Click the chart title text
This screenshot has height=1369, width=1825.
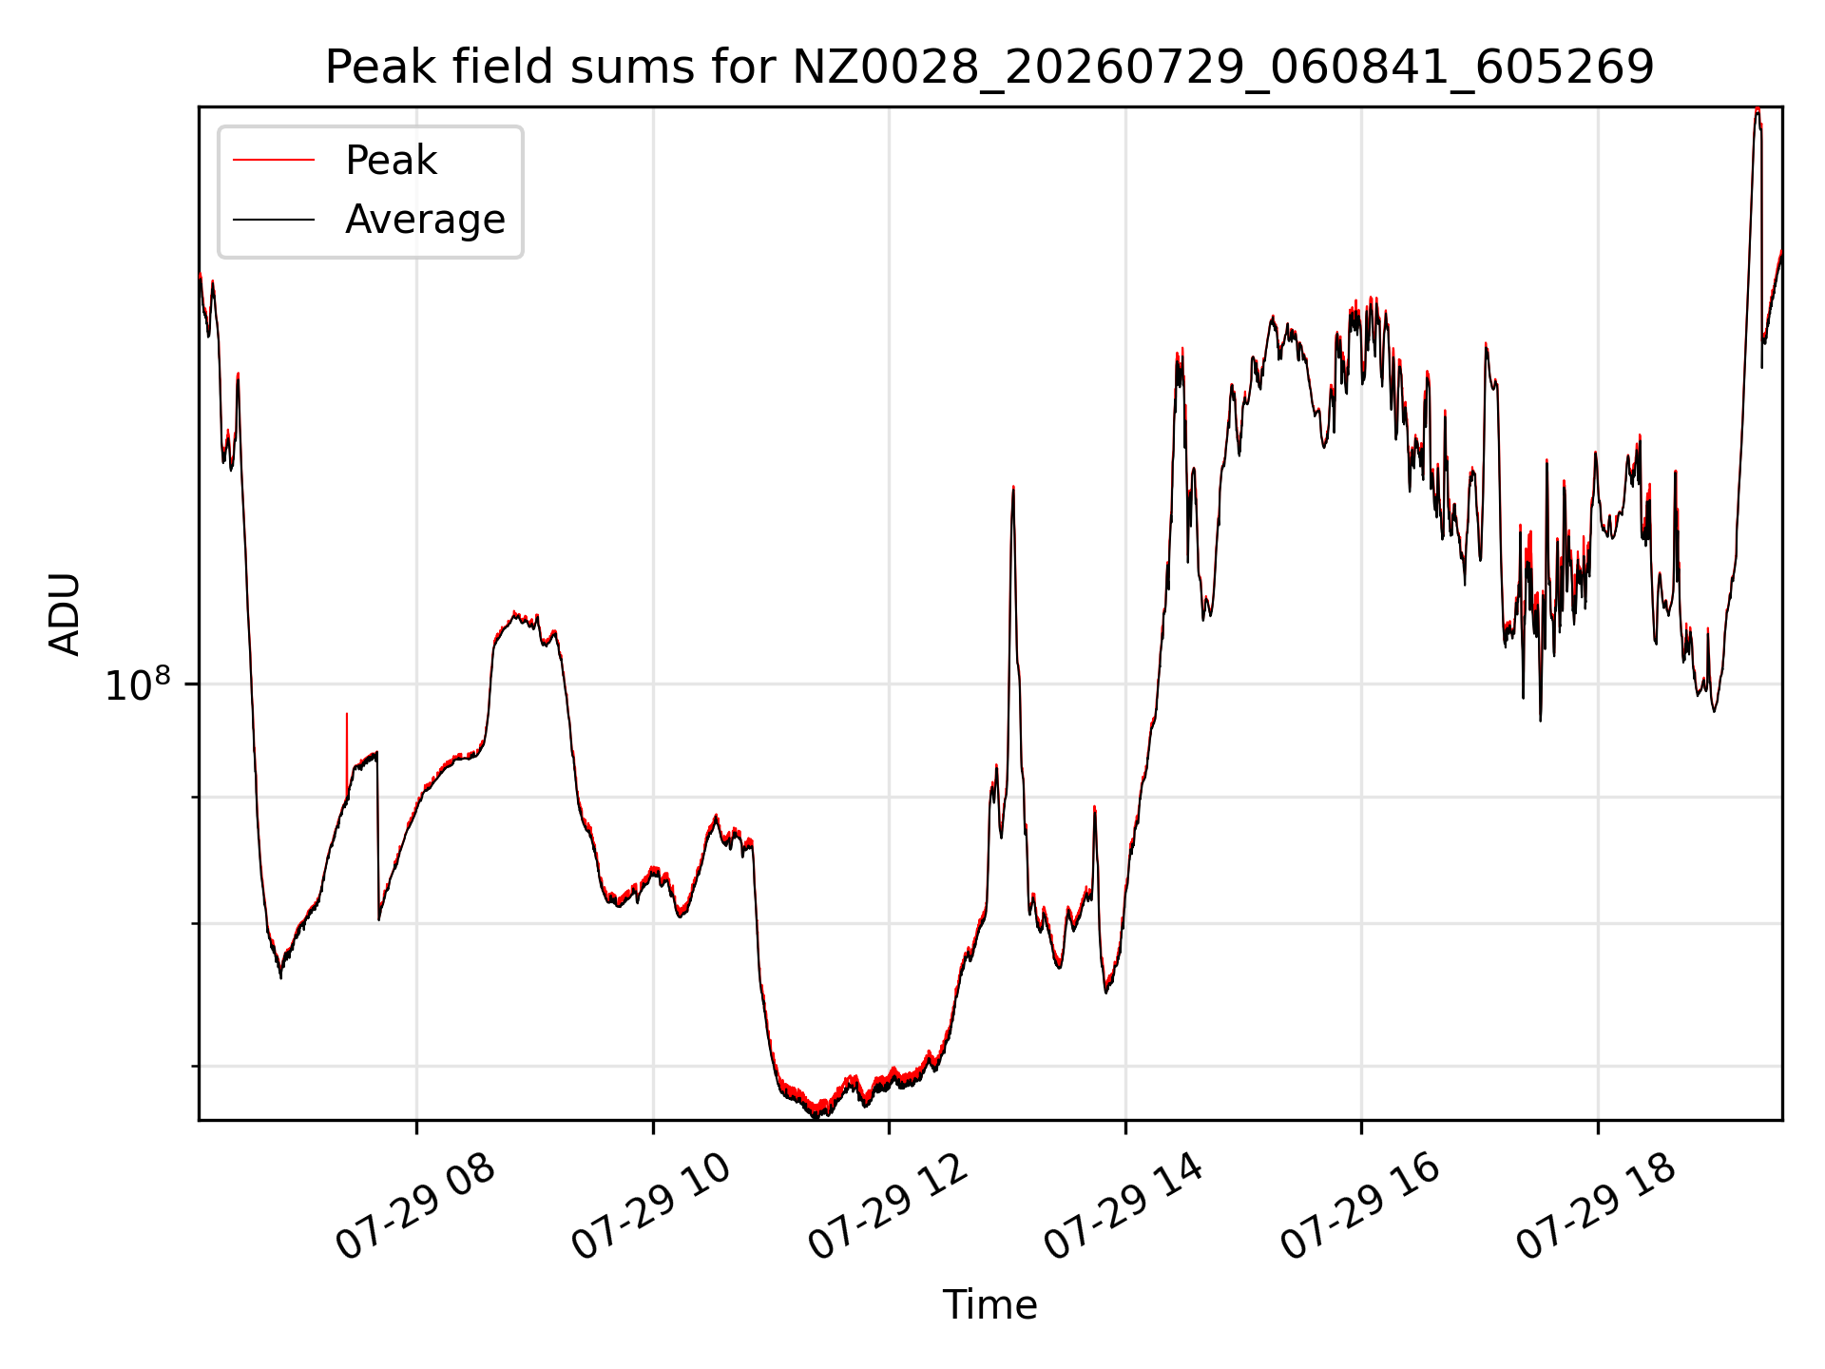click(x=989, y=67)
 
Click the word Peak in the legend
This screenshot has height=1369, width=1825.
click(x=391, y=161)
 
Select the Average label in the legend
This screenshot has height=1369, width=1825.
click(x=425, y=220)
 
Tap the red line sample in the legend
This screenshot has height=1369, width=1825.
click(x=274, y=160)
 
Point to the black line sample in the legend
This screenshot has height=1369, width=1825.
click(x=274, y=220)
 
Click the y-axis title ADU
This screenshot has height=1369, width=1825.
click(x=65, y=613)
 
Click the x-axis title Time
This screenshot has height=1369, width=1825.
click(x=989, y=1304)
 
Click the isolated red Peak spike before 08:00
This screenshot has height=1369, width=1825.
click(x=347, y=714)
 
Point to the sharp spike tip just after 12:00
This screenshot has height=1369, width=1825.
click(x=1013, y=488)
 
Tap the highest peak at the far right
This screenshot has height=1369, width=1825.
click(x=1758, y=109)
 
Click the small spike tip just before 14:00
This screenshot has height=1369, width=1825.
click(x=1094, y=807)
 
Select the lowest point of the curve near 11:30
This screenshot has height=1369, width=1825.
click(x=817, y=1117)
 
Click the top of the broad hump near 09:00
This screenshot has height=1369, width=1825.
click(x=514, y=614)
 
